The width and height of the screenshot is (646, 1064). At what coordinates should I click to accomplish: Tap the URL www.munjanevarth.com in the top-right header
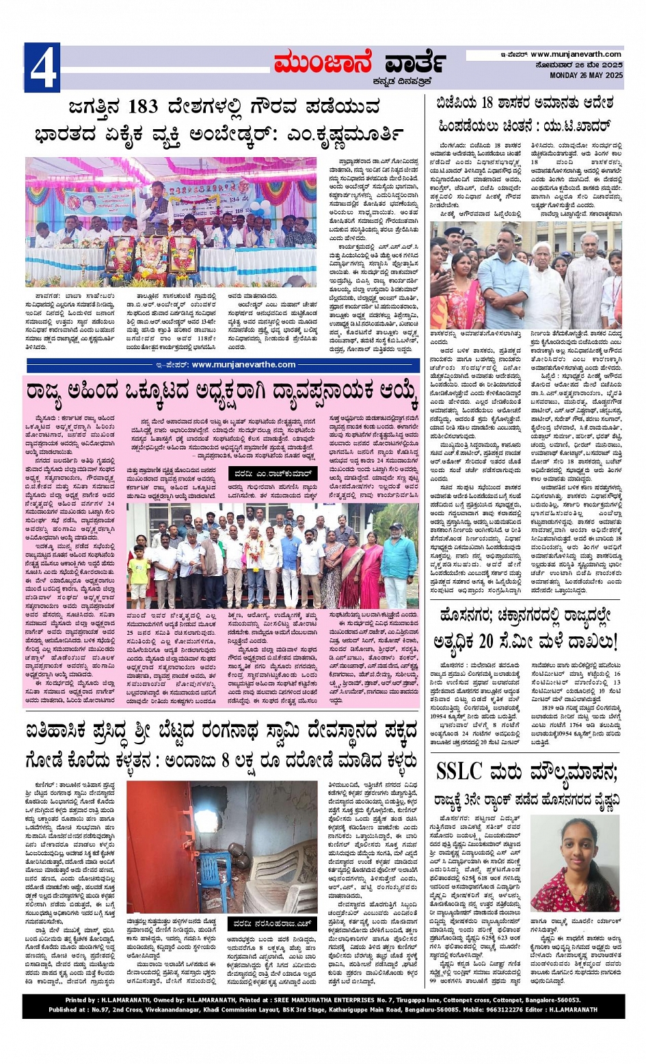(576, 55)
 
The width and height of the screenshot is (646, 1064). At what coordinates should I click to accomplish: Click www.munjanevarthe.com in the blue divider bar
(243, 365)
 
